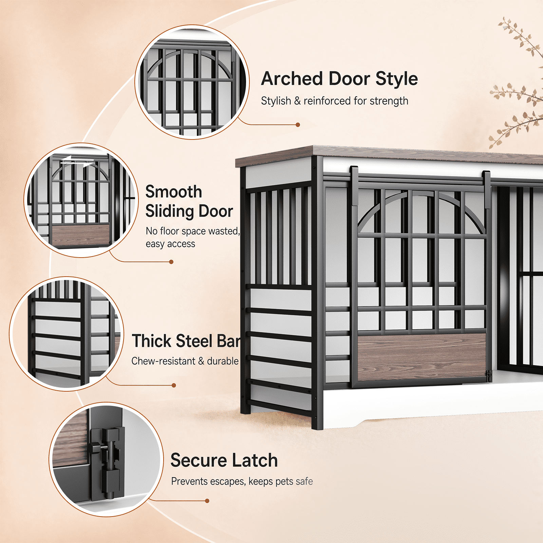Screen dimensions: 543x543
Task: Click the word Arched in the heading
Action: pyautogui.click(x=292, y=79)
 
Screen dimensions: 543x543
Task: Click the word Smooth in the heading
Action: pyautogui.click(x=174, y=192)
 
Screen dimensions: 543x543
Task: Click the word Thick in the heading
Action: pyautogui.click(x=151, y=341)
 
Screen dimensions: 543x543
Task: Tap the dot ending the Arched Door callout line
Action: pyautogui.click(x=298, y=125)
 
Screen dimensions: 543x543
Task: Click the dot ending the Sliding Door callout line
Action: pyautogui.click(x=171, y=262)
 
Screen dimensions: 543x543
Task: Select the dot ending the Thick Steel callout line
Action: pyautogui.click(x=174, y=385)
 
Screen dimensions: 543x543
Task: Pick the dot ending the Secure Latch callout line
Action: pyautogui.click(x=207, y=501)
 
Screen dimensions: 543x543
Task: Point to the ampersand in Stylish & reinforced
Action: pyautogui.click(x=297, y=101)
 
